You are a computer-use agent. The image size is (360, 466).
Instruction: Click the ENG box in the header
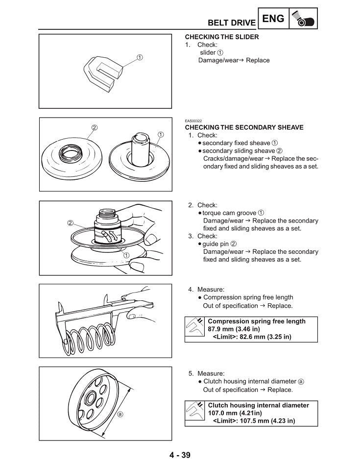(273, 19)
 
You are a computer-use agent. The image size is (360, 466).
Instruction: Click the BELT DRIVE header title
(231, 23)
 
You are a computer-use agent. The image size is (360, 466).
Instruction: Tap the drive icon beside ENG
(303, 20)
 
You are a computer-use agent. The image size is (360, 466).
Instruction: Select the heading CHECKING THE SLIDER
(221, 37)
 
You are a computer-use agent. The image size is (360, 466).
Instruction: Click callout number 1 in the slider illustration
(140, 57)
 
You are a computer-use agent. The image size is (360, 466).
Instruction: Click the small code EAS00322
(193, 121)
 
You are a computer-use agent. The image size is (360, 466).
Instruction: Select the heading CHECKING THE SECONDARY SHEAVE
(244, 127)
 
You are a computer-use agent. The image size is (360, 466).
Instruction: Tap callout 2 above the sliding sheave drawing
(95, 128)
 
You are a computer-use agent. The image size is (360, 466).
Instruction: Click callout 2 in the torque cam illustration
(71, 223)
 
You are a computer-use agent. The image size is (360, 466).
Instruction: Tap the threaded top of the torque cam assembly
(107, 214)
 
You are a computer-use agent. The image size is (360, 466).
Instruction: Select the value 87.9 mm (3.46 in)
(234, 329)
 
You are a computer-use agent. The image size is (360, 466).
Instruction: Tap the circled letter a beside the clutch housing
(120, 414)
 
